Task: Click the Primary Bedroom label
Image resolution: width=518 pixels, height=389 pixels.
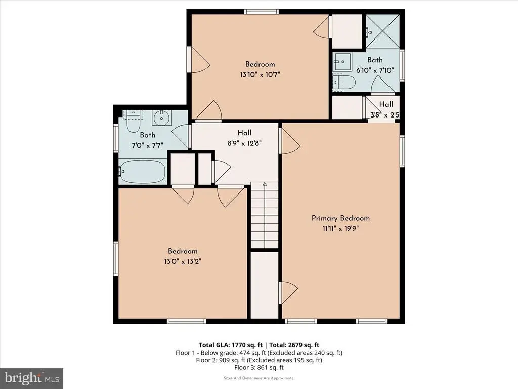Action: click(x=340, y=218)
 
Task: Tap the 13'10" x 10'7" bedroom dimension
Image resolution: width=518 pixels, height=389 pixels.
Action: click(x=260, y=75)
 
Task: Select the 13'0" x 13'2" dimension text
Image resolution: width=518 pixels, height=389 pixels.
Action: click(x=183, y=262)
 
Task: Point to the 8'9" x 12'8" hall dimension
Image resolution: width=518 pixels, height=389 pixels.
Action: click(x=244, y=143)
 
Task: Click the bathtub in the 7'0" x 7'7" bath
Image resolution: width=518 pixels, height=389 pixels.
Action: click(x=142, y=171)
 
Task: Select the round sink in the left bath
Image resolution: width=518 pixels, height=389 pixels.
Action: click(x=161, y=118)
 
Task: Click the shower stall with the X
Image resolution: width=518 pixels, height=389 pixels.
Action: click(x=382, y=31)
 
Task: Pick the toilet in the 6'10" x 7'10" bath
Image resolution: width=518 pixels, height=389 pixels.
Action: click(x=343, y=83)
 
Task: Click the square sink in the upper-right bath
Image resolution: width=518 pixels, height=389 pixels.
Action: click(x=342, y=61)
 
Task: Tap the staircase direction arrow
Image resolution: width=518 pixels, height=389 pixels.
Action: click(x=264, y=184)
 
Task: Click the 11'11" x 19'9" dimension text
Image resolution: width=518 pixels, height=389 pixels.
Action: click(x=340, y=228)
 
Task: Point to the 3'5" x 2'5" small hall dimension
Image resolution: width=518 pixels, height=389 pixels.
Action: click(x=384, y=115)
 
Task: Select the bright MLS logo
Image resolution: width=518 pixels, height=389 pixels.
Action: click(x=32, y=378)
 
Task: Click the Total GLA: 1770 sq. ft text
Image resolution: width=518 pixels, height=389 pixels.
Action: click(x=230, y=345)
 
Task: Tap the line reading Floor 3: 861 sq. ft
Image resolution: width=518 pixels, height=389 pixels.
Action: click(x=259, y=368)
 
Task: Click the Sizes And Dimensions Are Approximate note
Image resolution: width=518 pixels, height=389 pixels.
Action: click(x=259, y=378)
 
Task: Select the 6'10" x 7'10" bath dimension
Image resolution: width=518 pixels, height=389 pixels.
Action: click(x=375, y=70)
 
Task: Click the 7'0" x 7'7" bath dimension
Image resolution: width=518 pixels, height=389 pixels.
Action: click(x=147, y=145)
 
